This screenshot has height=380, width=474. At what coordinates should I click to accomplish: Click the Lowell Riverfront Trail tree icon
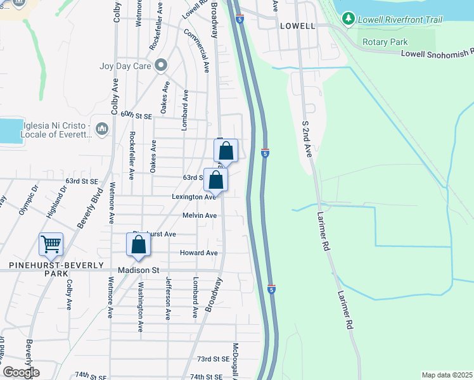coord(348,19)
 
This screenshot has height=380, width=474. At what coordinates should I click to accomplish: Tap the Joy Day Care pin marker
coord(161,65)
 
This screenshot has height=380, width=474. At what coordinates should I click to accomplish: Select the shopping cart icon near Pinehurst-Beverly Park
coord(51,243)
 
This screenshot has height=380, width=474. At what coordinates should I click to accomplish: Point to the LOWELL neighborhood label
coord(297,26)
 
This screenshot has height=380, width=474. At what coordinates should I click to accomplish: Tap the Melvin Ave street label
coord(200,215)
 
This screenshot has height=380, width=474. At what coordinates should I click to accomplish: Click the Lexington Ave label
coord(194,197)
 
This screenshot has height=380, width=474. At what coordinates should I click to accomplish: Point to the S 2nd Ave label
coord(307,141)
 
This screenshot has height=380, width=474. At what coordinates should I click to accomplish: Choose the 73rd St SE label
coord(212,359)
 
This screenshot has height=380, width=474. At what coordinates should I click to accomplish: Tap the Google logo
coord(21,372)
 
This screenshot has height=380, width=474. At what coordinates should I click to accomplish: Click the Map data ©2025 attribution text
coord(447,375)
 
